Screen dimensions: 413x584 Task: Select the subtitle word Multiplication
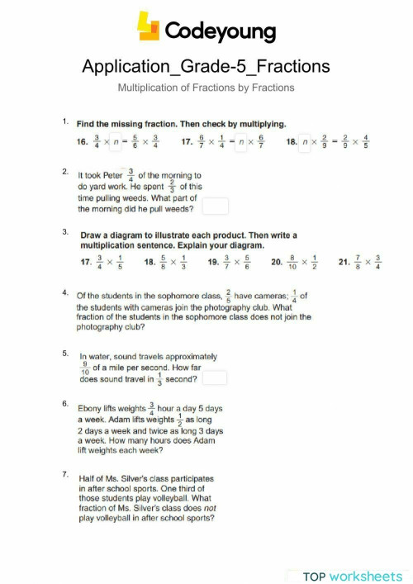(x=151, y=88)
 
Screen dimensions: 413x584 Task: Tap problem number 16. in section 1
(x=83, y=142)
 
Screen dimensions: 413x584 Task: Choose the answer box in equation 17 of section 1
(x=242, y=142)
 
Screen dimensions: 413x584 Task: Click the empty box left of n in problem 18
(x=305, y=142)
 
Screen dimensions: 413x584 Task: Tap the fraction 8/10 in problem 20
(x=291, y=264)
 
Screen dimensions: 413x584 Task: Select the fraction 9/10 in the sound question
(x=84, y=366)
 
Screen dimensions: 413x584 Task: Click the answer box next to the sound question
(x=215, y=377)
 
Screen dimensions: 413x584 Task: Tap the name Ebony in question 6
(x=92, y=409)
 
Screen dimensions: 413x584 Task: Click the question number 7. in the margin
(x=65, y=474)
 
